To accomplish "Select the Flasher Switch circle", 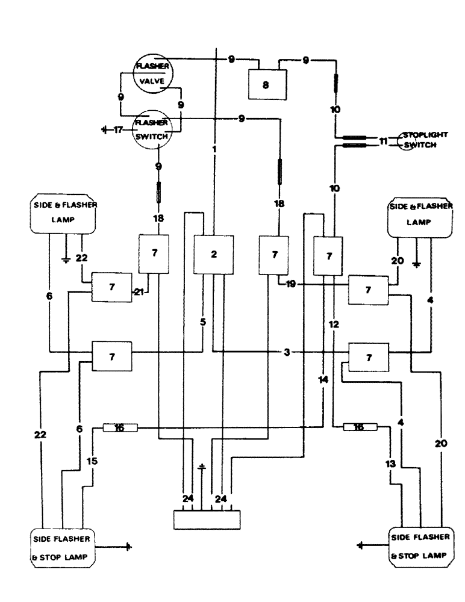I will [151, 128].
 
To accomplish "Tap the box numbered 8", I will [266, 85].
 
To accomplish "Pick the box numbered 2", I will [213, 253].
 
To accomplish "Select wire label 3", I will [287, 352].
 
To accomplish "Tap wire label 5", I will [203, 323].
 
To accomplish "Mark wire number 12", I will [335, 324].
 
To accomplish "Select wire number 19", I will [292, 285].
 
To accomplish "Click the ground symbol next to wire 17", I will [104, 129].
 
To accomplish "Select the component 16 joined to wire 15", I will [120, 427].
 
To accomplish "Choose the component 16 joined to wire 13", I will [360, 427].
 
